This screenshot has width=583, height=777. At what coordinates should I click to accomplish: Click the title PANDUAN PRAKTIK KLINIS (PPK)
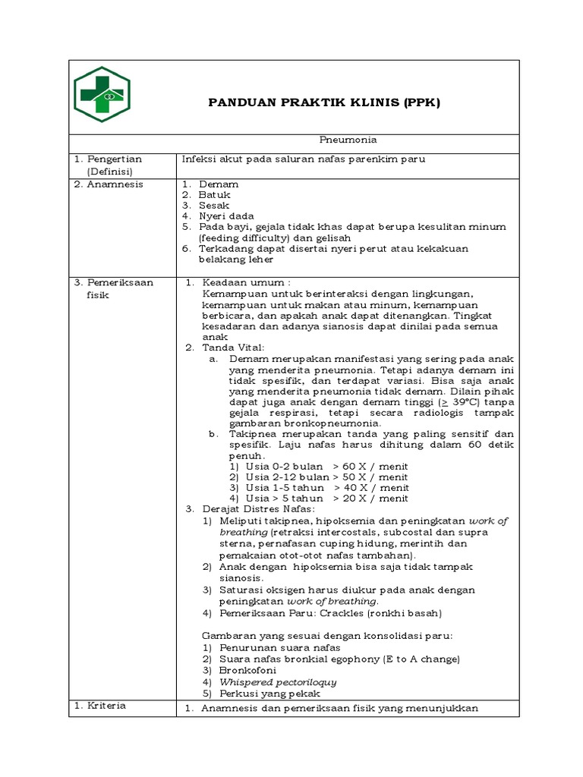point(324,102)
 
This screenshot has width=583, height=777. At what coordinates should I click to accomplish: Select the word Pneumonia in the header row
point(347,140)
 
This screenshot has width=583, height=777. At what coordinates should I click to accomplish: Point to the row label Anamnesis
point(114,184)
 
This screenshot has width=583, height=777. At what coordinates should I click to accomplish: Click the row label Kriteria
point(106,706)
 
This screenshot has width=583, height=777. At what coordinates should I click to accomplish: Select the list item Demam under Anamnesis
point(219,184)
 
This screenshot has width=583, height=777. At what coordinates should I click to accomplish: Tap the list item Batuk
point(215,195)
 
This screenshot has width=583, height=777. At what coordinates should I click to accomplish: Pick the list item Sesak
point(214,206)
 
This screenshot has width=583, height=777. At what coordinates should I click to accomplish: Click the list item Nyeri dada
point(226,216)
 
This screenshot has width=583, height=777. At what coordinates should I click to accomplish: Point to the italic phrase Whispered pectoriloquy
point(278,681)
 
